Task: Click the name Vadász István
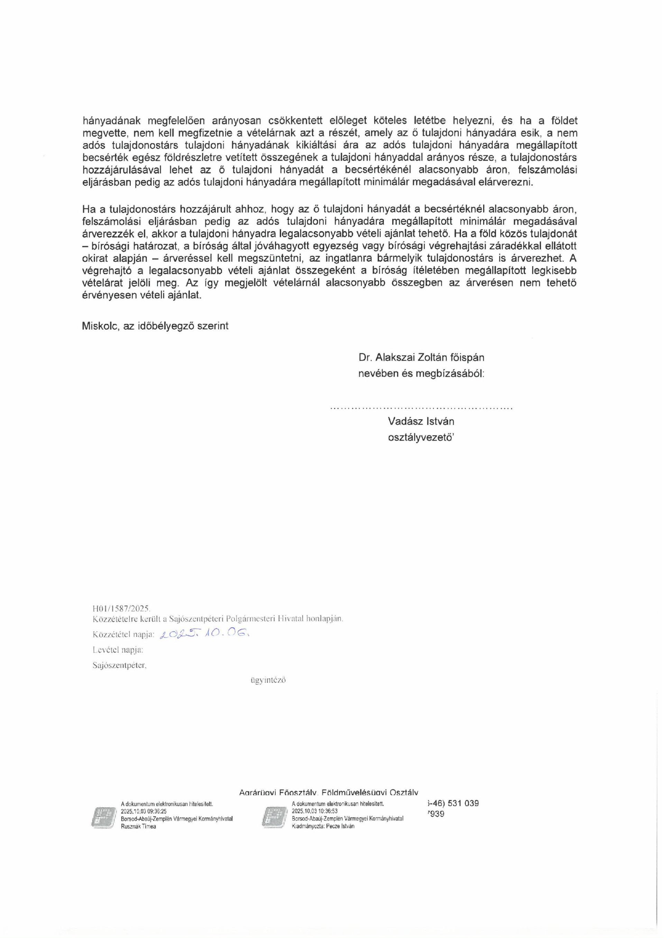pos(421,421)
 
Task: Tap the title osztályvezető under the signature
pos(422,438)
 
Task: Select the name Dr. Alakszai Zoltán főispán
pos(421,357)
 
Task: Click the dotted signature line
pos(421,408)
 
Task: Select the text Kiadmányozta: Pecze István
pos(323,826)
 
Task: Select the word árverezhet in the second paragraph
pos(544,259)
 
